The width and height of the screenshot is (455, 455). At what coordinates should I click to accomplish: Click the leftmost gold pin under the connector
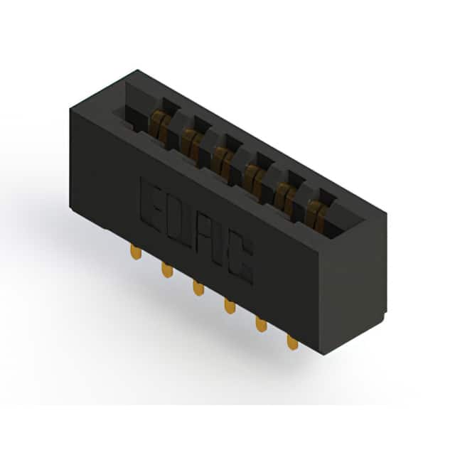tap(136, 252)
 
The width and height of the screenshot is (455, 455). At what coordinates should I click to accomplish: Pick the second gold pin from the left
tap(168, 270)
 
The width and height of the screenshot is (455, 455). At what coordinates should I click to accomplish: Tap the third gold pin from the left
tap(198, 288)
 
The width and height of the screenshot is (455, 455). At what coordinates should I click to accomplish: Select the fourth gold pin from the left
tap(230, 306)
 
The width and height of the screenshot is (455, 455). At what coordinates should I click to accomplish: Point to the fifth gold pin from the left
tap(261, 324)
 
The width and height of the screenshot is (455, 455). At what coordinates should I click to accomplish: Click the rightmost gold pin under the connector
tap(292, 343)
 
